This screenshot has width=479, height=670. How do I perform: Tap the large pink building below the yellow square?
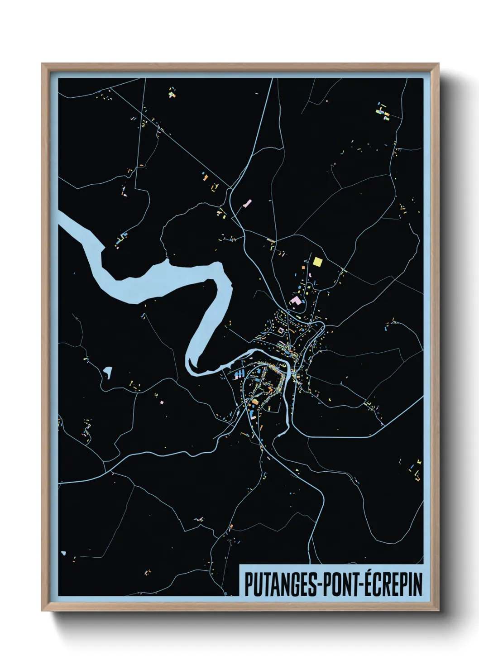coord(295,301)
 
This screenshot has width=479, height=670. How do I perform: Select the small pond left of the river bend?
coord(108,372)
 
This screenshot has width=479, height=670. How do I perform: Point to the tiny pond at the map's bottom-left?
coord(63,553)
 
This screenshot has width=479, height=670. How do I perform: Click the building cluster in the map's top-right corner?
coord(383,111)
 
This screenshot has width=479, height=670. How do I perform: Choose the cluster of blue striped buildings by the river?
coord(239,373)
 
